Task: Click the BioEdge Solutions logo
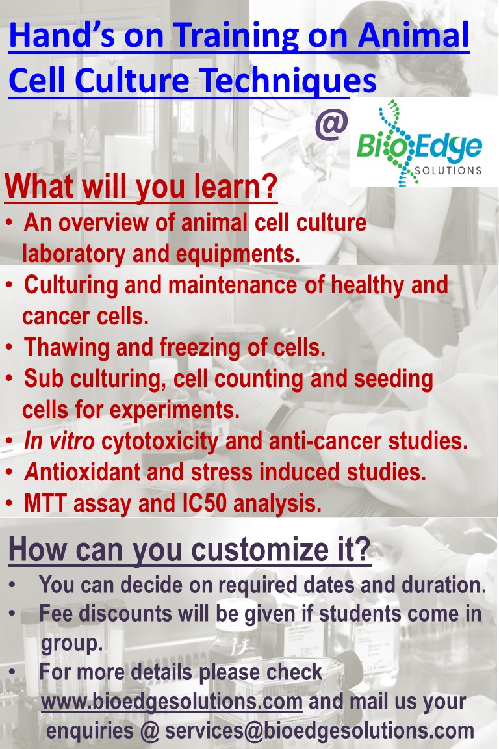419,143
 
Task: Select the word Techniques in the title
288,80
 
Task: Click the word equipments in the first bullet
238,254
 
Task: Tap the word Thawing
66,348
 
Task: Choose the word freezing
199,348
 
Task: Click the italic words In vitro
59,441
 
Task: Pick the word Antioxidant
82,472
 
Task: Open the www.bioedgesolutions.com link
172,702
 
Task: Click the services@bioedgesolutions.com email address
319,731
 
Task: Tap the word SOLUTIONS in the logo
448,170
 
